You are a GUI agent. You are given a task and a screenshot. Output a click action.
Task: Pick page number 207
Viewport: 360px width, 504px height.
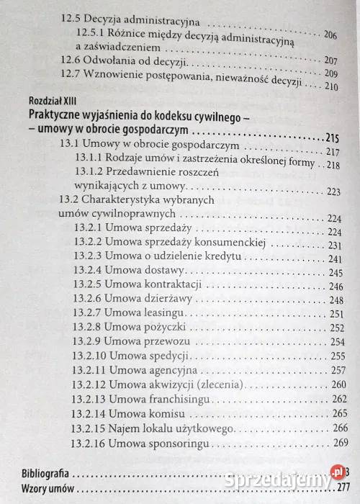331,60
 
